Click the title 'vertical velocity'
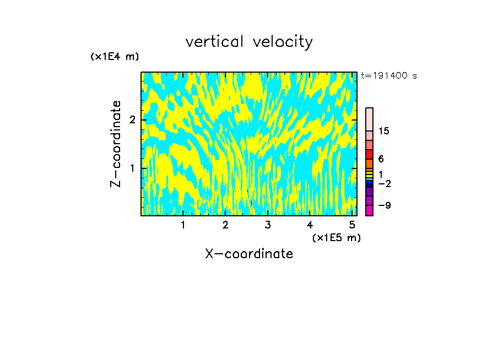click(x=249, y=42)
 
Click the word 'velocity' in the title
click(x=282, y=42)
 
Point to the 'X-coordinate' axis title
click(x=249, y=254)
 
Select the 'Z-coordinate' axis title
click(x=116, y=144)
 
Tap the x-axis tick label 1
click(x=183, y=225)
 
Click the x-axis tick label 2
click(x=225, y=225)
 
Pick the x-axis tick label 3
click(x=268, y=225)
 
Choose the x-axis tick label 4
click(x=310, y=225)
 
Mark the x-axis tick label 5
click(x=352, y=225)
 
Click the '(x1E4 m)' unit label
click(x=115, y=57)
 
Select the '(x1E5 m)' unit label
click(x=336, y=237)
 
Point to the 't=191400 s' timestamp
click(x=388, y=76)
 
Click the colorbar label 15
click(x=384, y=131)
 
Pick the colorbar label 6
click(x=381, y=159)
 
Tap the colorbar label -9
click(x=384, y=205)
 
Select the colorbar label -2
click(x=384, y=183)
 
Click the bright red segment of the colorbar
click(x=369, y=154)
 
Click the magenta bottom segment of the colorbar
click(x=369, y=210)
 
